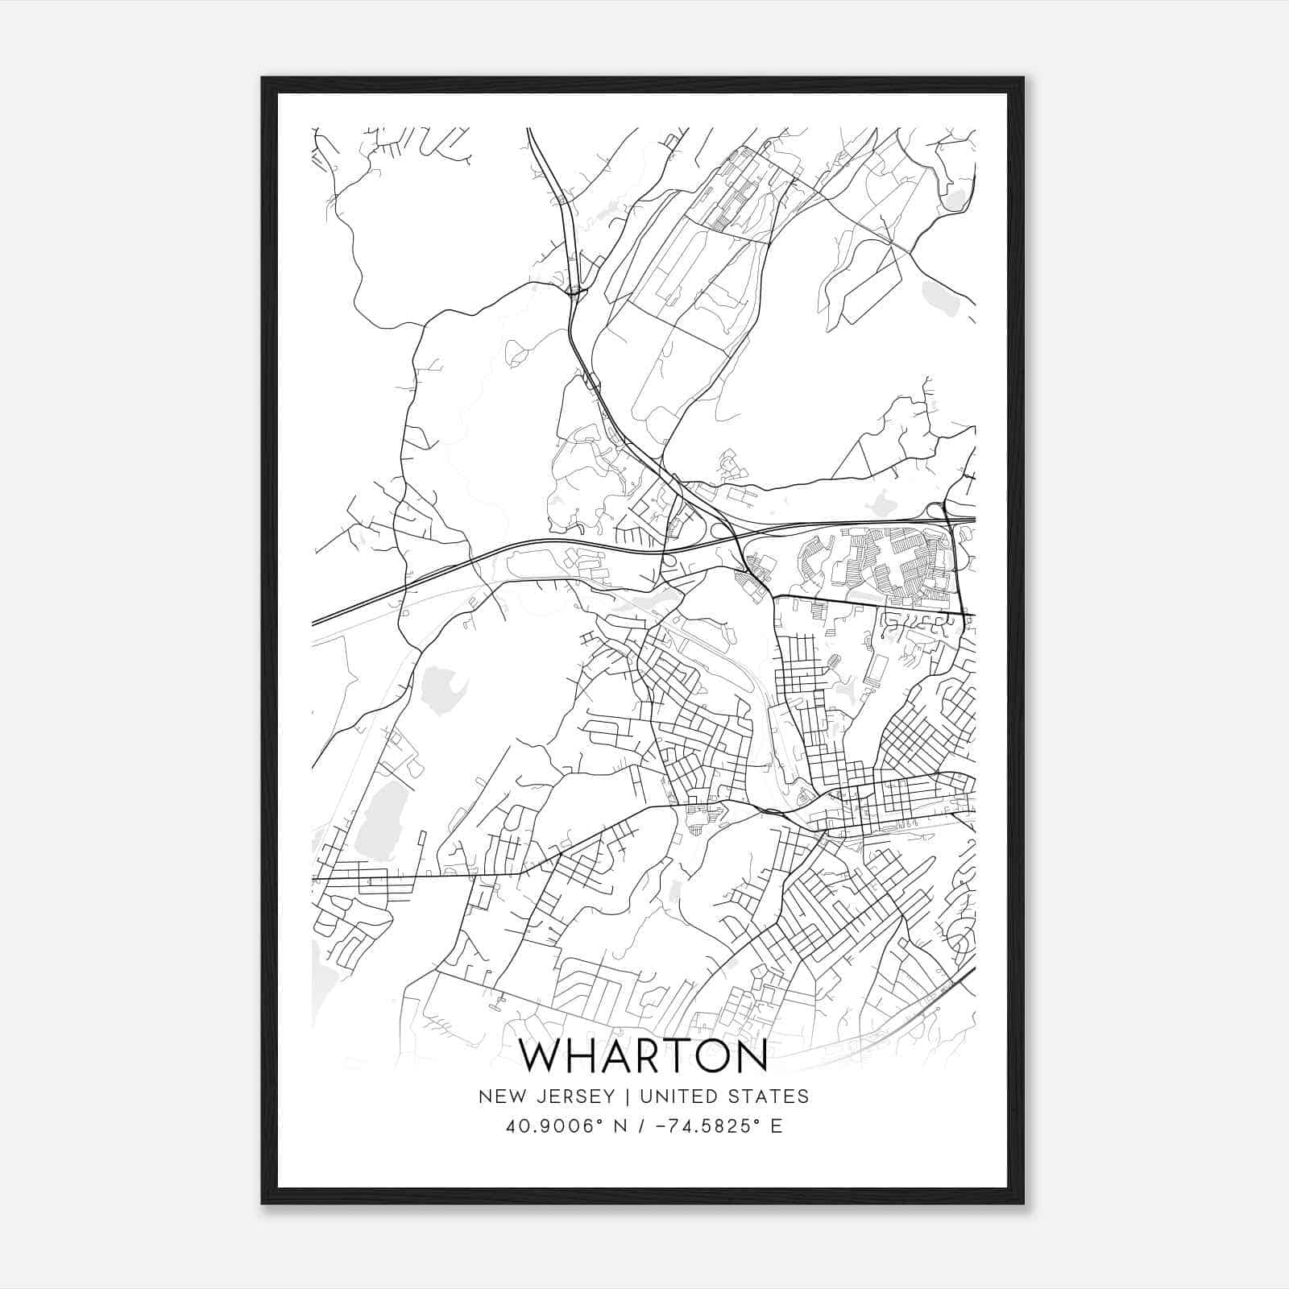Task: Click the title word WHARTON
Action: tap(644, 1056)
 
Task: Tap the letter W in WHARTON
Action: tap(541, 1056)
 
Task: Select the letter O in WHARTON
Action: tap(711, 1056)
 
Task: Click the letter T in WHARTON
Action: tap(678, 1056)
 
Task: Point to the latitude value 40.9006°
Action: tap(552, 1125)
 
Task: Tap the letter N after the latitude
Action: tap(620, 1125)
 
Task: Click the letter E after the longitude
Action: tap(777, 1125)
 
